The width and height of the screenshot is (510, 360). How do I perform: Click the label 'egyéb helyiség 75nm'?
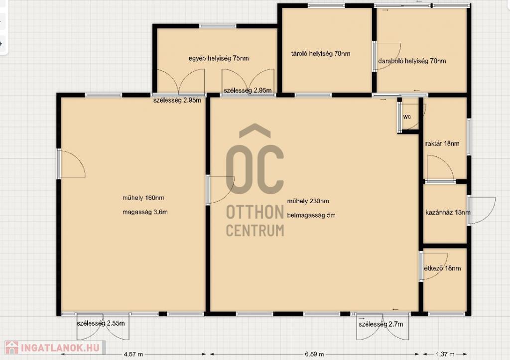click(219, 58)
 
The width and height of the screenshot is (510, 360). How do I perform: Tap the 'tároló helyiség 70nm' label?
click(321, 54)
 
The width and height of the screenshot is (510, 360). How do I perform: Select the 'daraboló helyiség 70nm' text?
click(412, 61)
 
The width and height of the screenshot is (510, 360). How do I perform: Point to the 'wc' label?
click(407, 117)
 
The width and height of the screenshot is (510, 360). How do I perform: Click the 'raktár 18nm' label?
click(442, 143)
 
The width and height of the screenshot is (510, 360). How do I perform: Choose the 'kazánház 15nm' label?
click(448, 212)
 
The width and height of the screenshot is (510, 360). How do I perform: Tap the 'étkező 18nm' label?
click(442, 268)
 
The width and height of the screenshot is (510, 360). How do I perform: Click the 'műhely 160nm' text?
click(143, 198)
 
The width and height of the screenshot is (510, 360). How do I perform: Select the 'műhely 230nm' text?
click(308, 201)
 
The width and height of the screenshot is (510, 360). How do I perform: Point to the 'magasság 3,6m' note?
click(145, 212)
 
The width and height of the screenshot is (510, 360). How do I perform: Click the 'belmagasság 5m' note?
click(311, 215)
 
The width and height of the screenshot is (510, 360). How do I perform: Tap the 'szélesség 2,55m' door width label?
click(101, 323)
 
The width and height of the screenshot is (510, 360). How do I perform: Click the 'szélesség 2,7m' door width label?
click(381, 324)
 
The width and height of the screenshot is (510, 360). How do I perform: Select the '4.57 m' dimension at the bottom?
click(133, 354)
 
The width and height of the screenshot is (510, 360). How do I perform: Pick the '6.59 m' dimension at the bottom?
click(314, 354)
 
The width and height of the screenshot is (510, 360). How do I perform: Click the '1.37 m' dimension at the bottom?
click(445, 354)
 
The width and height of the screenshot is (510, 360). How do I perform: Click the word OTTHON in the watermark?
click(255, 212)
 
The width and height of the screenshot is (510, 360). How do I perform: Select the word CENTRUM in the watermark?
click(255, 230)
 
